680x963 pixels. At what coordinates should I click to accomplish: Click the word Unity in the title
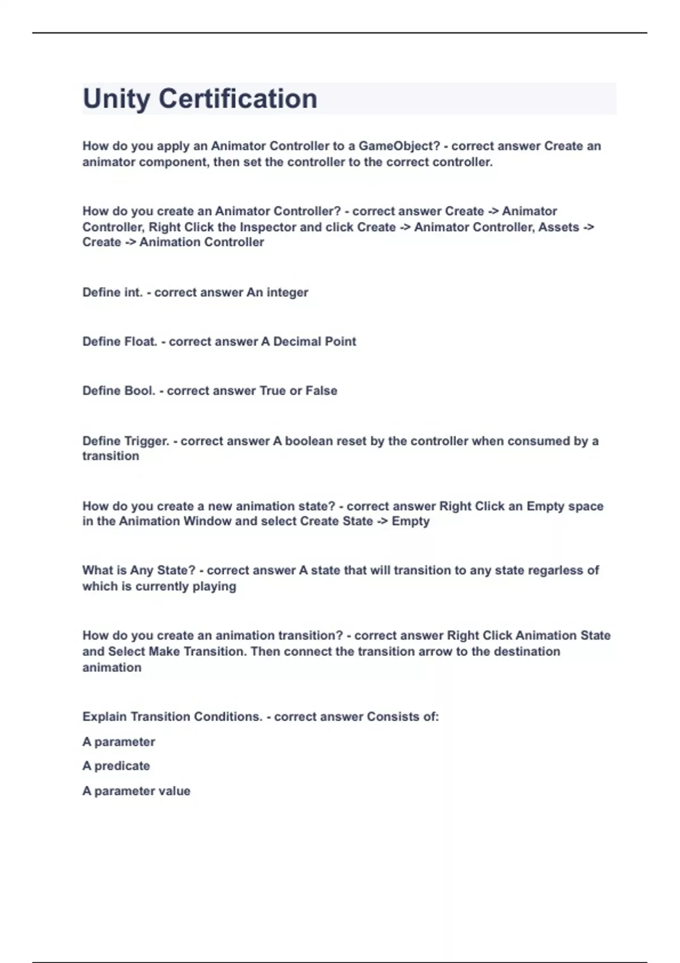click(x=117, y=99)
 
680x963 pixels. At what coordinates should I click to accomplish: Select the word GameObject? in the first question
click(x=399, y=146)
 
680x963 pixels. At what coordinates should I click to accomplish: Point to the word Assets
click(x=559, y=227)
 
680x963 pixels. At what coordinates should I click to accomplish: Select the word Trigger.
click(x=147, y=441)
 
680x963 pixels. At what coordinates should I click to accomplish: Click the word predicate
click(x=122, y=766)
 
